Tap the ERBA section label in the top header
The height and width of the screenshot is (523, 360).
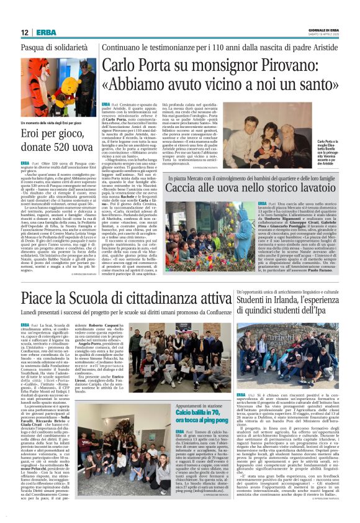point(47,33)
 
